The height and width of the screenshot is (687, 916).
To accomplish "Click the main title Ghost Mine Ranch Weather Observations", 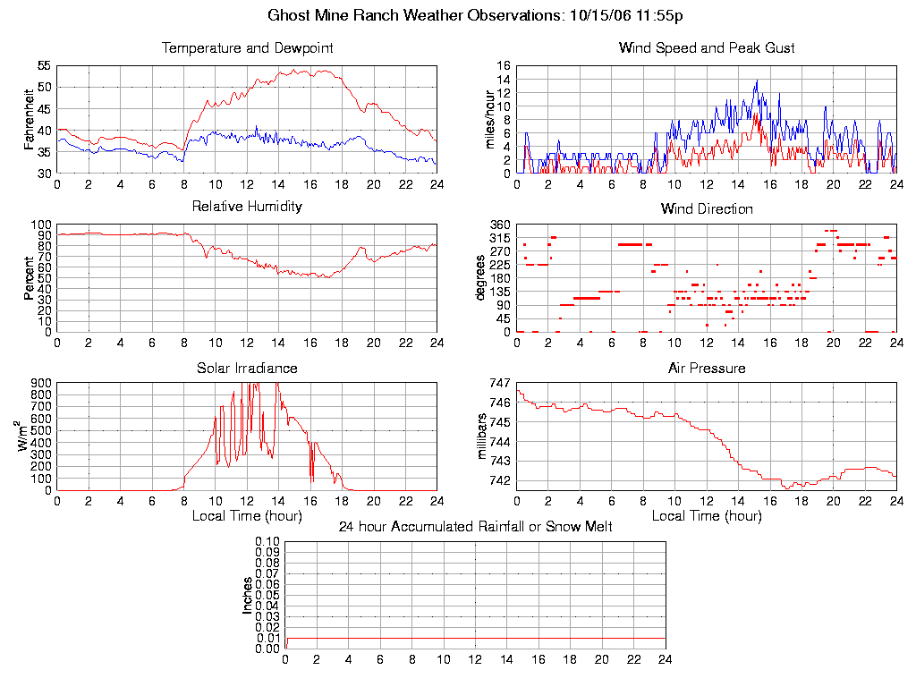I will click(x=476, y=15).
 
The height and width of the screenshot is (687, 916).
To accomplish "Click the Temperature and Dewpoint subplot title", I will click(x=247, y=47).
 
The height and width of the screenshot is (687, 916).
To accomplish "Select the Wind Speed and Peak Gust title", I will click(x=707, y=47).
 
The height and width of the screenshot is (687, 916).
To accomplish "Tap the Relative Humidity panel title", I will click(x=247, y=207).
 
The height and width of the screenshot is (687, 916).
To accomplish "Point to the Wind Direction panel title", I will click(x=707, y=208).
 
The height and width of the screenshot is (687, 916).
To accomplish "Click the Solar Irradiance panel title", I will click(x=247, y=368).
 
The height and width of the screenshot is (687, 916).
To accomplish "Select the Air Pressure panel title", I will click(x=707, y=368).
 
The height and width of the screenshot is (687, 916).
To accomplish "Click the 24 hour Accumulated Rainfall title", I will click(x=475, y=527).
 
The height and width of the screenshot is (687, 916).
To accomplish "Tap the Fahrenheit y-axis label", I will click(x=29, y=119).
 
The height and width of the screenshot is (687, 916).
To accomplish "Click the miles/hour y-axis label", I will click(x=489, y=119).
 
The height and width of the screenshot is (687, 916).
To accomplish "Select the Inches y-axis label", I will click(x=248, y=595).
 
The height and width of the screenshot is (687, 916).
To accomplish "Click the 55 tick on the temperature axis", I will click(x=43, y=66).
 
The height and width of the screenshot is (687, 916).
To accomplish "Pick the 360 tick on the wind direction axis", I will click(x=499, y=225).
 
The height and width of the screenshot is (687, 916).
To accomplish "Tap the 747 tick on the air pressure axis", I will click(x=499, y=383).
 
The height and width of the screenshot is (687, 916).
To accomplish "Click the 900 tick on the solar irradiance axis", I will click(x=41, y=383).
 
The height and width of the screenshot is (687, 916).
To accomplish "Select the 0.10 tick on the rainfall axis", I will click(x=267, y=542).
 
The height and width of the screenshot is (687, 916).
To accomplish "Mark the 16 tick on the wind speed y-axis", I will click(x=503, y=66).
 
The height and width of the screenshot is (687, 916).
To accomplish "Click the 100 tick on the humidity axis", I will click(x=41, y=225).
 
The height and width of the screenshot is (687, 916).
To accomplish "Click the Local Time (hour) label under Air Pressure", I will click(x=707, y=516).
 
